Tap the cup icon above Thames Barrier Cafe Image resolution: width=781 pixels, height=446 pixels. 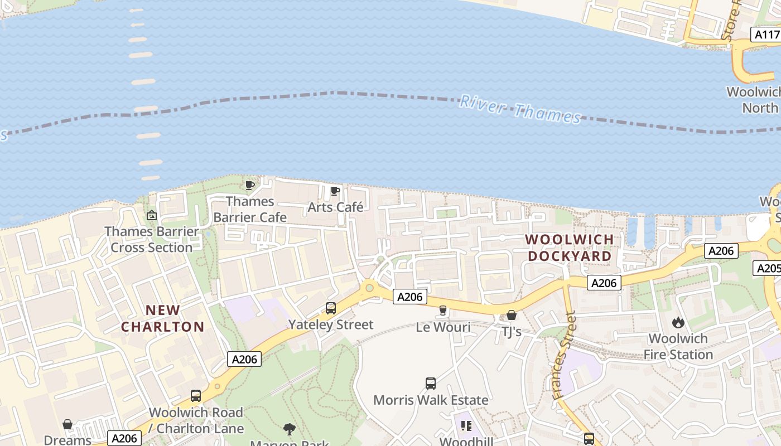pos(250,185)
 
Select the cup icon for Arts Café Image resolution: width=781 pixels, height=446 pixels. pos(335,191)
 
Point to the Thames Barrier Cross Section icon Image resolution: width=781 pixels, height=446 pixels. pos(151,215)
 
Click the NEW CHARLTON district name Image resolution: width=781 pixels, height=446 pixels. pos(163,318)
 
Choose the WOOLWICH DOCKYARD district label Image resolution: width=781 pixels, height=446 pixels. pos(570,248)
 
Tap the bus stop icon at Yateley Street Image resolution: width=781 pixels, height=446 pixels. pos(331,308)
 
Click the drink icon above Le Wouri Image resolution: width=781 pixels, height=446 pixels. pos(443,311)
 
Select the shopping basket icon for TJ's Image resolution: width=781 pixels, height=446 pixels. pos(512,316)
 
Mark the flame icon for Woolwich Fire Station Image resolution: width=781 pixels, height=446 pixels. pos(678,322)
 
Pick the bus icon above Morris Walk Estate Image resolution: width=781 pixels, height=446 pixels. pos(431,384)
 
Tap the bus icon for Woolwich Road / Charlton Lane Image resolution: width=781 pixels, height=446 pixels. pos(196,396)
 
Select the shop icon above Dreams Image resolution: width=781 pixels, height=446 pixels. pos(68,425)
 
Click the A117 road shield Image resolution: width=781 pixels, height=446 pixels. pos(766,35)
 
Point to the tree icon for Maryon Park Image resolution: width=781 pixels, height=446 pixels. pos(289,429)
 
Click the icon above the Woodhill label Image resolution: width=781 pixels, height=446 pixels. pos(466,426)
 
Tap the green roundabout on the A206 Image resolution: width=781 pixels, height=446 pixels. pos(368,288)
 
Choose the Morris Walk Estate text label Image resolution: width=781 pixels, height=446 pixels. pos(431,400)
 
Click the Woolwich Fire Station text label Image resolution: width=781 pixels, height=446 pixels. pos(678,346)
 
